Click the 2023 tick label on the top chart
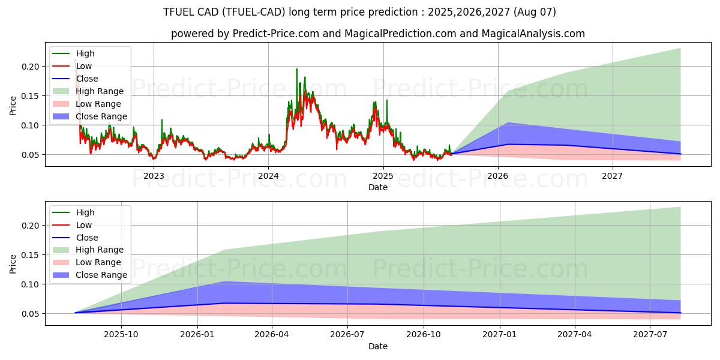point(154,176)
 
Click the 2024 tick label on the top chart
point(268,176)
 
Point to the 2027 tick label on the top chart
point(612,176)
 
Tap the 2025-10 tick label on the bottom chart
point(121,335)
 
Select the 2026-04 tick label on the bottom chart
point(272,335)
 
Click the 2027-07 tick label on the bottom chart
point(650,335)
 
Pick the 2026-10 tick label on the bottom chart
point(424,335)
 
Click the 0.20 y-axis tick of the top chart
point(30,67)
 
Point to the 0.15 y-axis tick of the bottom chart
point(30,255)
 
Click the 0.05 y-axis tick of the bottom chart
point(30,314)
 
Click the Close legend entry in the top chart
point(87,79)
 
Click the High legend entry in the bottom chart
point(85,212)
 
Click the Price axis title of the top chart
point(13,106)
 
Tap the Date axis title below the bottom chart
point(377,346)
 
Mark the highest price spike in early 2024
point(296,70)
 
